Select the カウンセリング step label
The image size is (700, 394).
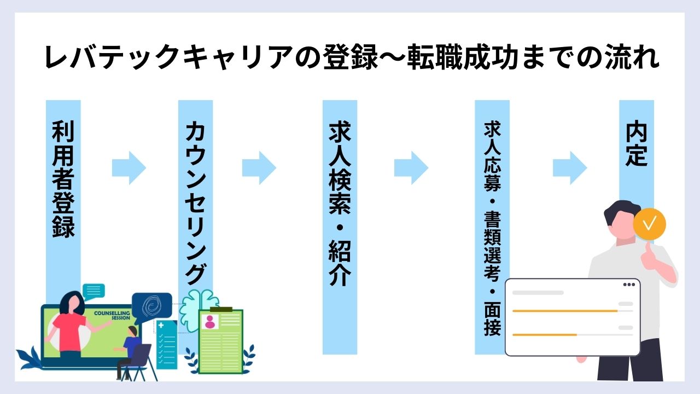pos(195,202)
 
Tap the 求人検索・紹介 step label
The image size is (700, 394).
pos(339,203)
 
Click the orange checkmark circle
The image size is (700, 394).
pos(649,223)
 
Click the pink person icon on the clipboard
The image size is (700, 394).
pos(210,323)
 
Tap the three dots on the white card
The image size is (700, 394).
pos(629,285)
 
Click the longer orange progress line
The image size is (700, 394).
pos(564,311)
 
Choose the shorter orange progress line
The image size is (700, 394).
pos(544,334)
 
